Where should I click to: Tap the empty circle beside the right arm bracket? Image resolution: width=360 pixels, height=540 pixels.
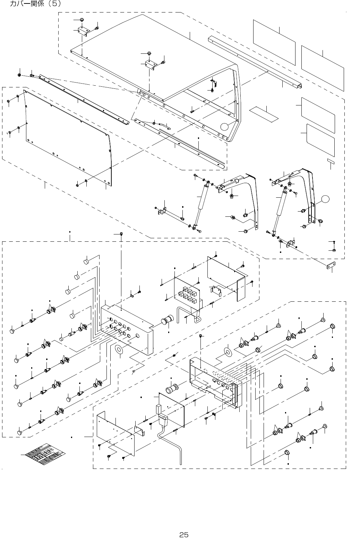point(325,199)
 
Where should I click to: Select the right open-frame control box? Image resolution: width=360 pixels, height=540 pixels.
point(215,382)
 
